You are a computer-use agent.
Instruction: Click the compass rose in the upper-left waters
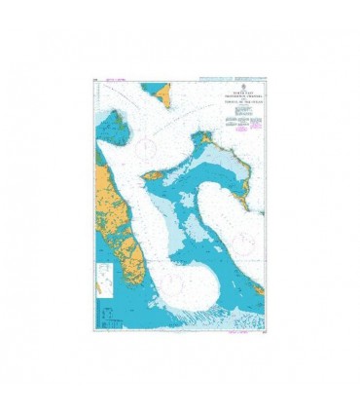(x=147, y=148)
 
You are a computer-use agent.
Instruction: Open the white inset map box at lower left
(x=106, y=286)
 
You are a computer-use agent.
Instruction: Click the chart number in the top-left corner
(x=98, y=80)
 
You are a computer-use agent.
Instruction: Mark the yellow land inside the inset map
(x=103, y=285)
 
